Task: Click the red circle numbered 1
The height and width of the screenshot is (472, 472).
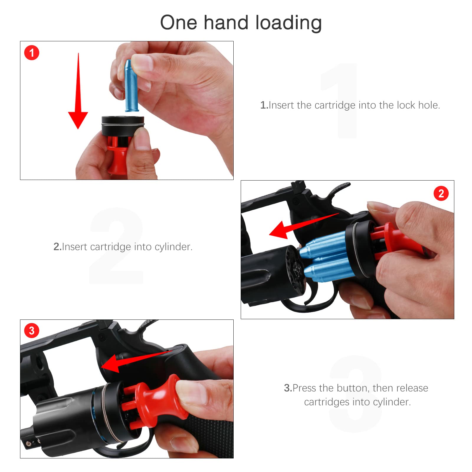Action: pos(32,53)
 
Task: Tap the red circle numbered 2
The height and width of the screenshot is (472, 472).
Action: pos(441,194)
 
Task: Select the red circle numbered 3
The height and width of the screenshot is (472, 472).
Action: pos(32,331)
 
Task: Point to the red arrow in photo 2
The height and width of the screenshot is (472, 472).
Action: pos(304,226)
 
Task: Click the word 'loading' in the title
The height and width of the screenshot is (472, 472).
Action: pos(288,23)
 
